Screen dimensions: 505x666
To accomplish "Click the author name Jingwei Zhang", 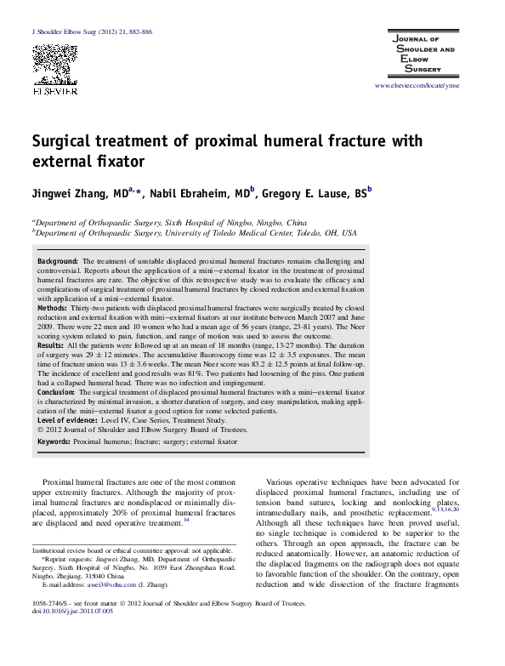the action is pyautogui.click(x=79, y=196).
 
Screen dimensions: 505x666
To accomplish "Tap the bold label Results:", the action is pyautogui.click(x=55, y=347).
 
